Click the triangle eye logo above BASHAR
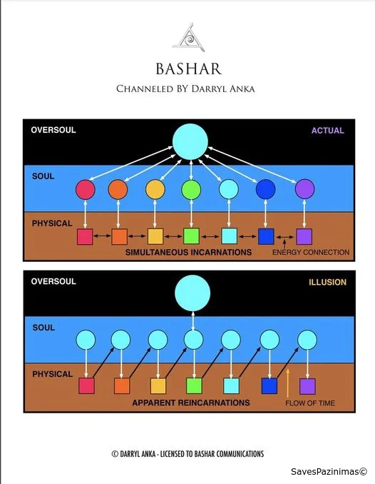coord(189,37)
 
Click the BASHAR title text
coord(189,69)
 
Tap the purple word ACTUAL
coord(327,131)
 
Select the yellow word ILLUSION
coord(327,282)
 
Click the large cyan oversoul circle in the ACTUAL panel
coord(190,141)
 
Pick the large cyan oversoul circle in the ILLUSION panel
coord(192,293)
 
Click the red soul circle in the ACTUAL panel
coord(86,189)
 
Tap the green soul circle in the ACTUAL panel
coord(191,189)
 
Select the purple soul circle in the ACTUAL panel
coord(304,189)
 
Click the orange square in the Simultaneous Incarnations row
coord(119,237)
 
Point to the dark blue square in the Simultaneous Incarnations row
coord(266,236)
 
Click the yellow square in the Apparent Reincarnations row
coord(158,386)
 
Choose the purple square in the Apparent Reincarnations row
coord(307,386)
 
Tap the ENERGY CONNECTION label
coord(311,253)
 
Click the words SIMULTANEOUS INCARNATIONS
coord(188,253)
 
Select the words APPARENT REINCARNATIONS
coord(191,403)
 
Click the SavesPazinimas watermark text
coord(329,472)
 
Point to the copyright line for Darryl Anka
coord(187,454)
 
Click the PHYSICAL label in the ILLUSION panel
coord(53,374)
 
